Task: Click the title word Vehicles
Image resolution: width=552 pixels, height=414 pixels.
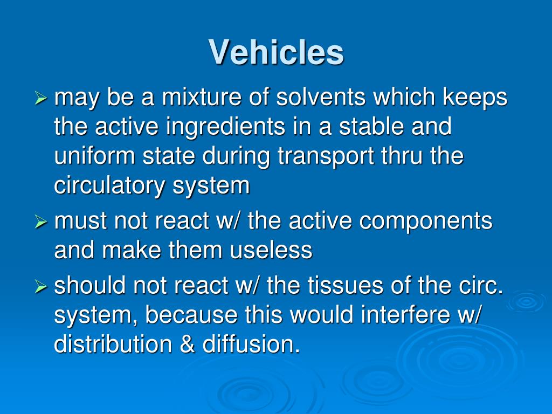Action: (276, 52)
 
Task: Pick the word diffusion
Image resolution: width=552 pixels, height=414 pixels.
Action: (251, 344)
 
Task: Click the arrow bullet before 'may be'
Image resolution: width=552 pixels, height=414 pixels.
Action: (42, 99)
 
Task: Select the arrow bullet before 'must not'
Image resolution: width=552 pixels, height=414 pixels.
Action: (42, 222)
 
